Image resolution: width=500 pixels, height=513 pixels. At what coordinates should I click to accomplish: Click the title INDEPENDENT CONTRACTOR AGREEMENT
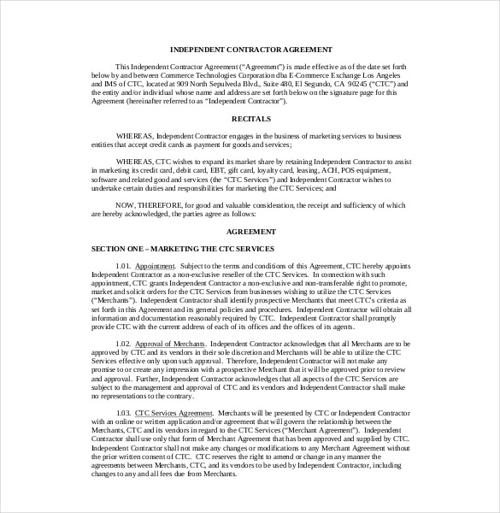pyautogui.click(x=250, y=49)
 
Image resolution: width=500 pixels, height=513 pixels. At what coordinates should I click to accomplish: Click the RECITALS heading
pyautogui.click(x=250, y=119)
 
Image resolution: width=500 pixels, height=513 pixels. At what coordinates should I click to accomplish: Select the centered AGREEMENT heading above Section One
pyautogui.click(x=250, y=231)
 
